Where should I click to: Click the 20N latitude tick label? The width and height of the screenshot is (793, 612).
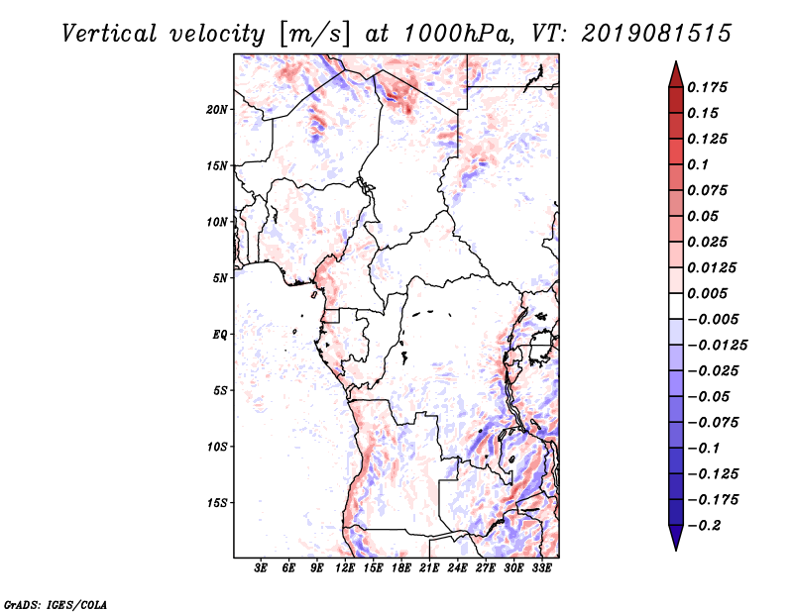coord(216,110)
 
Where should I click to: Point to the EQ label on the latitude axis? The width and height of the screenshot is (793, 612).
coord(219,335)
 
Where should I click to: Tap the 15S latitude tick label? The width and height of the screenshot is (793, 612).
coord(217,503)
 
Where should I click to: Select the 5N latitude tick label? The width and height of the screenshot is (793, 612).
coord(219,278)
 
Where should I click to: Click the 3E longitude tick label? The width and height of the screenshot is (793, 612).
coord(261,567)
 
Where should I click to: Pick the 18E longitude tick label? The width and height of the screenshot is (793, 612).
coord(401,567)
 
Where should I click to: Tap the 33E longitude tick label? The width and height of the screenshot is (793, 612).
coord(541,567)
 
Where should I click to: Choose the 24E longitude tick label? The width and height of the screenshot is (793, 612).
coord(457,567)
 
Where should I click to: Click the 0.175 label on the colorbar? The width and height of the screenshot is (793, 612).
coord(707,87)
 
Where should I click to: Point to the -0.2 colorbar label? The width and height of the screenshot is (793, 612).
coord(704,526)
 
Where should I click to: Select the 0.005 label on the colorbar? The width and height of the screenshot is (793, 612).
coord(707,293)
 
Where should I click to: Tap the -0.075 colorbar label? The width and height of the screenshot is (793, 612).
coord(713,423)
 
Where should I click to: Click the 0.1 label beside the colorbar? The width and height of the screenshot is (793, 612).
coord(698,164)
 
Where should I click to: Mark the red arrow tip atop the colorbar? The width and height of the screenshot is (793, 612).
coord(676,62)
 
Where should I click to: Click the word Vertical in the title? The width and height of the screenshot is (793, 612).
coord(109,34)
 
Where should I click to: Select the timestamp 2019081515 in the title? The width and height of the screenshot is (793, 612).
coord(656,34)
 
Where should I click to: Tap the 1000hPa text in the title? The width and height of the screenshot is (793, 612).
coord(458,34)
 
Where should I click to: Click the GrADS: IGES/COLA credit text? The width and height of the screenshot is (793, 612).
coord(56,604)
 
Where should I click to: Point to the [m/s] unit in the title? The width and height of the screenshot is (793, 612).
coord(314,35)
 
